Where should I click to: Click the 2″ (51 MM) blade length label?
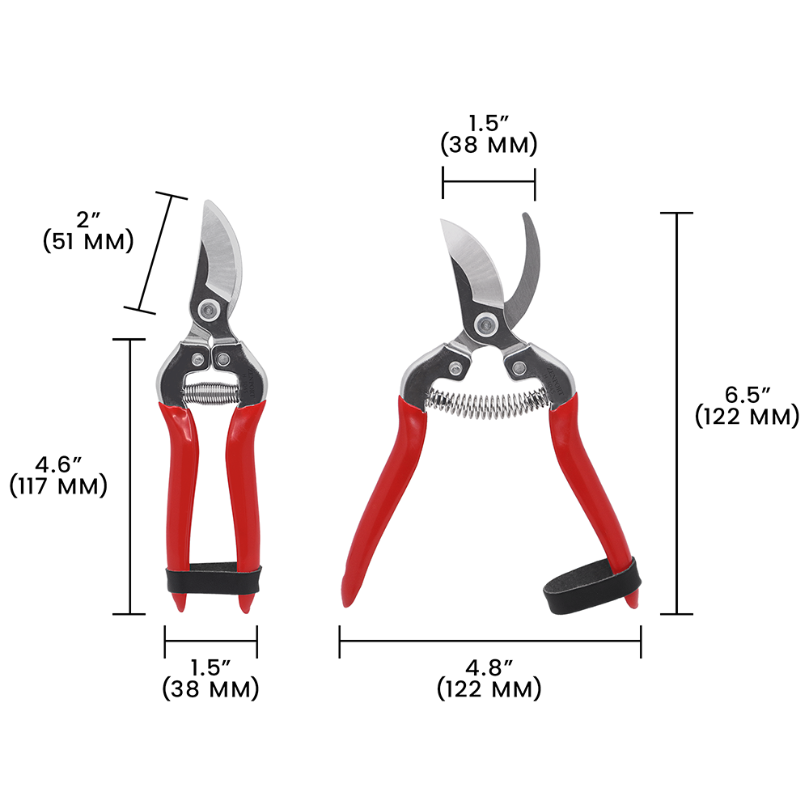point(88,231)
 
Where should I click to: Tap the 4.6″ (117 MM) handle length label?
point(58,477)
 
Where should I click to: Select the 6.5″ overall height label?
point(747,406)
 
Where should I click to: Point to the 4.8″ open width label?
point(489,679)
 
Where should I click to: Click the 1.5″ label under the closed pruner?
point(210,679)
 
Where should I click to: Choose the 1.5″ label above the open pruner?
point(489,134)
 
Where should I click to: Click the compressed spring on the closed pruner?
point(210,394)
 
